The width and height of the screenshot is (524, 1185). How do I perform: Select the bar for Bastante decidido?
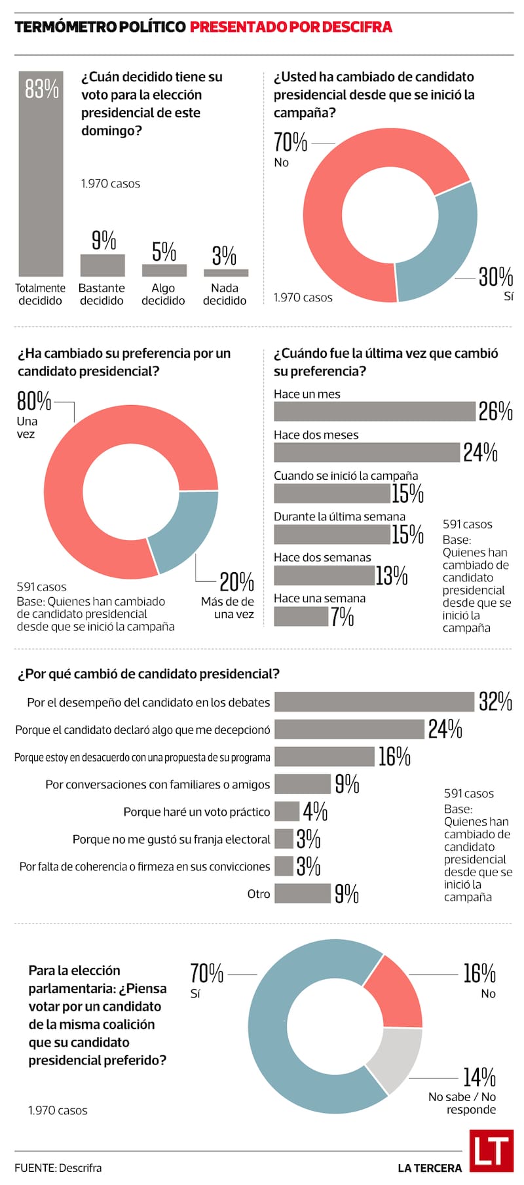coord(102,265)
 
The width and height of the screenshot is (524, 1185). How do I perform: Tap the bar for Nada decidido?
coord(225,273)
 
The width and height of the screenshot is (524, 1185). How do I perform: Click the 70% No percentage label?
coord(290,142)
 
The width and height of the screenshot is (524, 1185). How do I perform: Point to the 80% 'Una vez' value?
coord(33,400)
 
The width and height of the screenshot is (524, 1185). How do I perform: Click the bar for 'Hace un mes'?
coord(373,412)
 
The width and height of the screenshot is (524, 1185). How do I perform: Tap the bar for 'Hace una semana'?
coord(301,616)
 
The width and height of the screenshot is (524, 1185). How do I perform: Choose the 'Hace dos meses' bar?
coord(367,452)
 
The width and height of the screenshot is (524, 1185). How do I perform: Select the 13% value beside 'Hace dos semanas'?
coord(392,575)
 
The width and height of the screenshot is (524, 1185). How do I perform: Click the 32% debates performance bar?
coord(373,702)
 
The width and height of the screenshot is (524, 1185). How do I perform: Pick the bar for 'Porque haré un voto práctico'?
coord(286,811)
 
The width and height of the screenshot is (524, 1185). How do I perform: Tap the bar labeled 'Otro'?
coord(302,893)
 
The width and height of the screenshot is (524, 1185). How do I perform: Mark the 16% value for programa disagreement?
coord(394,757)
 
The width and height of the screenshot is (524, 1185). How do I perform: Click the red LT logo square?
coord(491,1151)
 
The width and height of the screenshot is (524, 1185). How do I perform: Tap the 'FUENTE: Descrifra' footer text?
coord(58,1168)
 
